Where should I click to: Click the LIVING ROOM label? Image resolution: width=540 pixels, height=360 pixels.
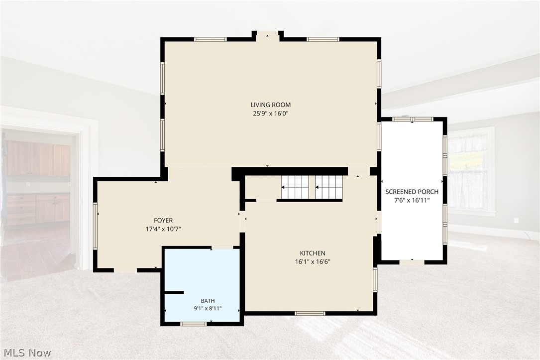click(270, 105)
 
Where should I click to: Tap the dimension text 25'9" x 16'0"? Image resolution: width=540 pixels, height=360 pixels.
click(270, 114)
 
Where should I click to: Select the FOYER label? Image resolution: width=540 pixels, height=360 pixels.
click(163, 220)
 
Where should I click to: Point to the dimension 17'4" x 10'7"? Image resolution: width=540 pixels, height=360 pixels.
click(163, 229)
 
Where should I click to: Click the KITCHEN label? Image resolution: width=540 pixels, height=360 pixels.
click(313, 253)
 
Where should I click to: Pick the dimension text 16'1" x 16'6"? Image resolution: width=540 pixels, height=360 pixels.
click(313, 261)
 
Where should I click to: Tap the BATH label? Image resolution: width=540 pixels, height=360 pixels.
click(208, 301)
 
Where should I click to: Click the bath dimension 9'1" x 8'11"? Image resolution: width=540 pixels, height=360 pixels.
click(208, 308)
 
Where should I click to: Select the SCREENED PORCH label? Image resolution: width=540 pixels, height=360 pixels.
click(412, 192)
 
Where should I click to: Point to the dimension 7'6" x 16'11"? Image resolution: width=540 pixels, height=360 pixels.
click(412, 200)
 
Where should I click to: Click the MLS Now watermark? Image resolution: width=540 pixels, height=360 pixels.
click(27, 353)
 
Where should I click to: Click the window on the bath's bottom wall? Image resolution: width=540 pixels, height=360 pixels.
click(194, 324)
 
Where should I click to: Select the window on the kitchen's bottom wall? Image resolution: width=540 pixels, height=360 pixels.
click(310, 313)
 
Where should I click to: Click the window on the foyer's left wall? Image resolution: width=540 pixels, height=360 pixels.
click(96, 225)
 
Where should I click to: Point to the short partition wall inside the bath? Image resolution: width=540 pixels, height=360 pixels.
click(174, 292)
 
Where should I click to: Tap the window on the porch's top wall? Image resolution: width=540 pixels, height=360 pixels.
click(413, 119)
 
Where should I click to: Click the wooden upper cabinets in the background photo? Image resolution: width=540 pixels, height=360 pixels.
click(38, 159)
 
